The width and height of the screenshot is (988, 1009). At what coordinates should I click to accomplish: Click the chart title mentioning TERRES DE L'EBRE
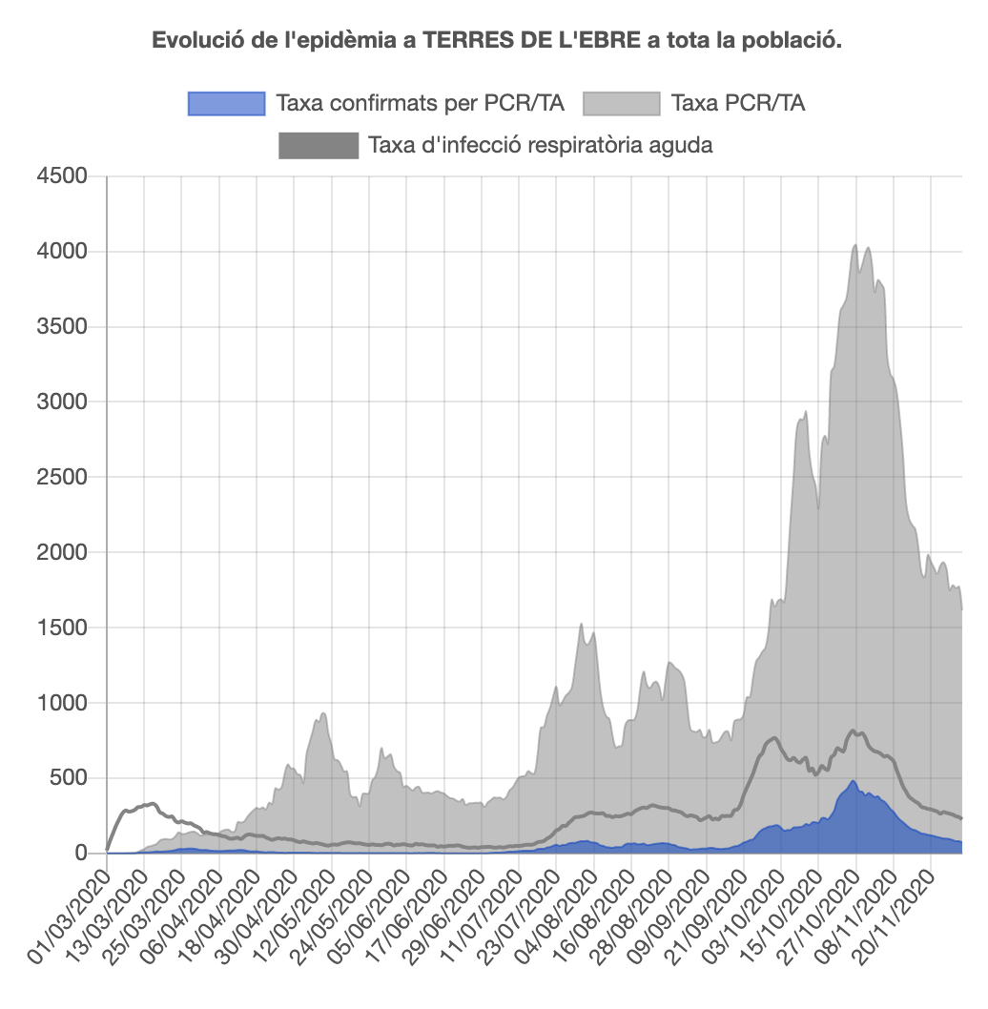point(496,42)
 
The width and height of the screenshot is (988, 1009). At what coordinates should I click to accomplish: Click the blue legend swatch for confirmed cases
point(226,103)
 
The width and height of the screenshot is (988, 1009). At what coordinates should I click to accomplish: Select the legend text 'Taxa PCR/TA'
point(738,103)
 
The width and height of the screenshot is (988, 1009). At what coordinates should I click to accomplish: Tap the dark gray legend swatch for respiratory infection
point(318,146)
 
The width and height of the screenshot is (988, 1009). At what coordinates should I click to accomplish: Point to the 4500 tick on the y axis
point(62,176)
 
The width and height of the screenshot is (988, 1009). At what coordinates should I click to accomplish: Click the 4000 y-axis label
point(62,252)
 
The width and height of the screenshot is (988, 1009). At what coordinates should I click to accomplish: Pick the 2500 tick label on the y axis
point(62,477)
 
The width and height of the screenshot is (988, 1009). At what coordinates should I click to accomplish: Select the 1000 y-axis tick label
point(62,703)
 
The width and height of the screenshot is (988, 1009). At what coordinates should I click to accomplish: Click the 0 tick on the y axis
point(80,854)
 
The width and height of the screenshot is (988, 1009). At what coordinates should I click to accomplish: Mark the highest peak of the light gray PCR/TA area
point(854,245)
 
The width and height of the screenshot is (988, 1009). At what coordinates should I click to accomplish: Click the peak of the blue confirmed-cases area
point(854,781)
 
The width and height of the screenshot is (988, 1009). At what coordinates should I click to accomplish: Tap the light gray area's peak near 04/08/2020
point(581,625)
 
